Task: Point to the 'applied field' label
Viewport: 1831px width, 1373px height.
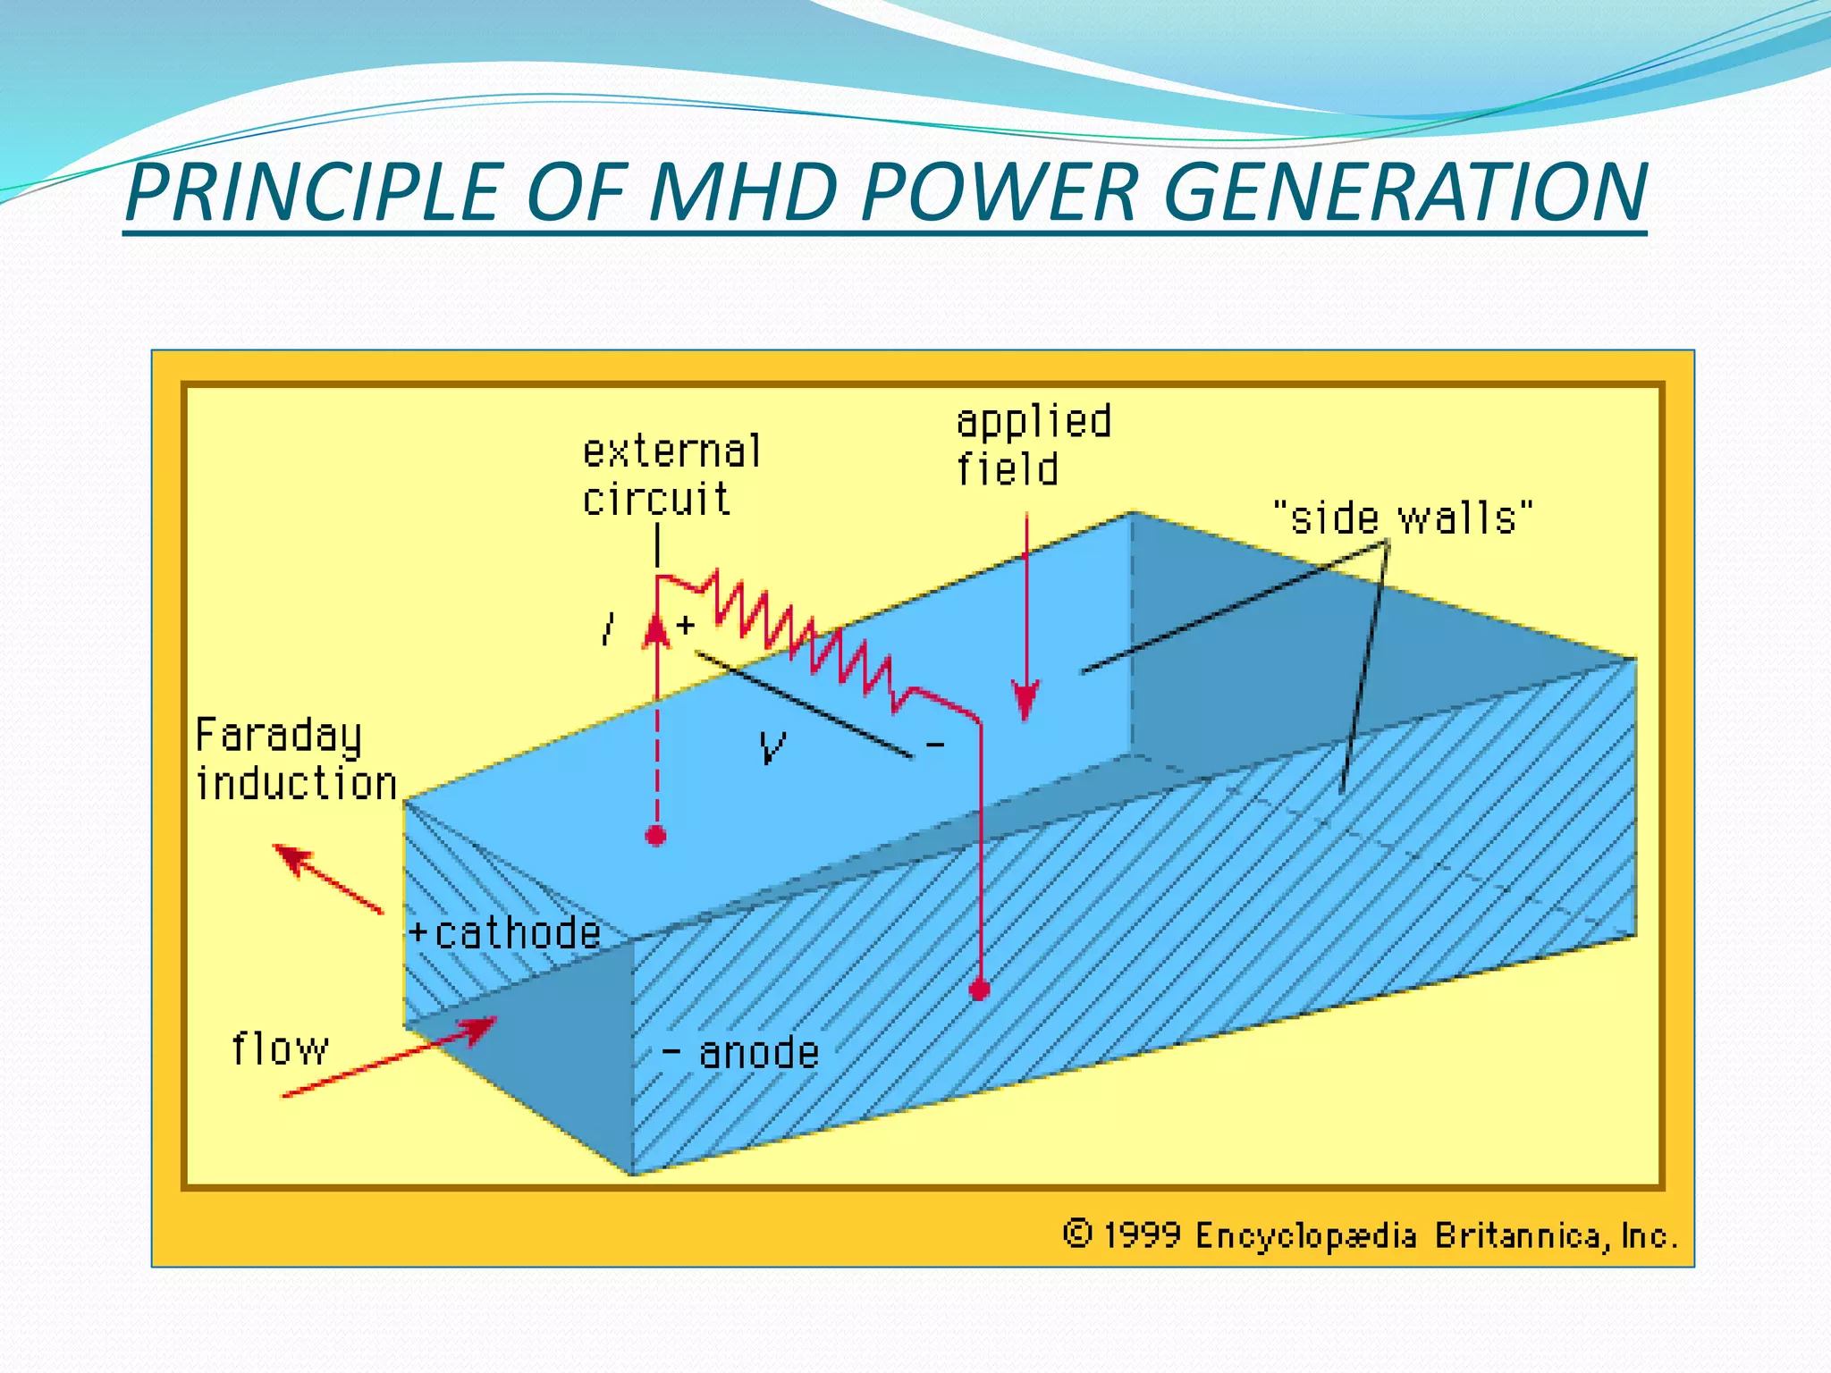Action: (x=1033, y=445)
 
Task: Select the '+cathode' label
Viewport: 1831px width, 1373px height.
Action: (x=505, y=933)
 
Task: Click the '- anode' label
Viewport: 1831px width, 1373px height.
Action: (x=742, y=1053)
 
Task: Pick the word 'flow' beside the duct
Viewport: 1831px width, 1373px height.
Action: (x=280, y=1049)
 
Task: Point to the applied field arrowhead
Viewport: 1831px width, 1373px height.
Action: (x=1025, y=701)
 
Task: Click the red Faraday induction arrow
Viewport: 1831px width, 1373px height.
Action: (x=326, y=878)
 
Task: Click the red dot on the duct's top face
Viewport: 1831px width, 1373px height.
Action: (x=656, y=836)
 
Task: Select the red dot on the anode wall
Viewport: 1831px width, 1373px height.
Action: (x=980, y=990)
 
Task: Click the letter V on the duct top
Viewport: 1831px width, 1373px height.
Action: (x=772, y=746)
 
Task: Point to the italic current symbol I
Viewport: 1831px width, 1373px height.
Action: (x=609, y=628)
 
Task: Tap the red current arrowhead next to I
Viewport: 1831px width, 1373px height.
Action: (x=657, y=629)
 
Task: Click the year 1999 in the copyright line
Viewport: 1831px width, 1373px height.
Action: (x=1142, y=1235)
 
